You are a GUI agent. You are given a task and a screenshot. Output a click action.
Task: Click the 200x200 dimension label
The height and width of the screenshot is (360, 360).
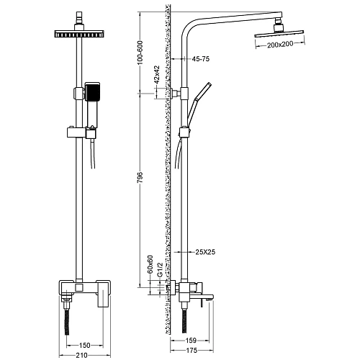(280, 45)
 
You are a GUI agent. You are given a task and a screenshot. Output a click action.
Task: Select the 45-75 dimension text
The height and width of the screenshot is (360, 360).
(201, 59)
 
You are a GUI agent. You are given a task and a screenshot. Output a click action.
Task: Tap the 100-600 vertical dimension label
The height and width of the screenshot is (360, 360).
(140, 53)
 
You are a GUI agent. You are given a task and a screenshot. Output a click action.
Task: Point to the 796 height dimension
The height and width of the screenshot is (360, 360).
(140, 177)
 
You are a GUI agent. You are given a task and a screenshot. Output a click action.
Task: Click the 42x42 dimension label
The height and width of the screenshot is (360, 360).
(157, 74)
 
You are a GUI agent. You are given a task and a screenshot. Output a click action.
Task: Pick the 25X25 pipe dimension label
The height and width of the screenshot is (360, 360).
(205, 252)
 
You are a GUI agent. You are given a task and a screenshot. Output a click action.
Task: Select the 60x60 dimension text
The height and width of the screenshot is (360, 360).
(150, 264)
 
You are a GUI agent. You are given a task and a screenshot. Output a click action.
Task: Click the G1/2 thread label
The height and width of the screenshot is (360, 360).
(160, 269)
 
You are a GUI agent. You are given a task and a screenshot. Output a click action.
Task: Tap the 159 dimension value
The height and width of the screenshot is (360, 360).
(191, 341)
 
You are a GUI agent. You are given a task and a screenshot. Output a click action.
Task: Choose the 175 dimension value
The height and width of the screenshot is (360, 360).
(192, 351)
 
